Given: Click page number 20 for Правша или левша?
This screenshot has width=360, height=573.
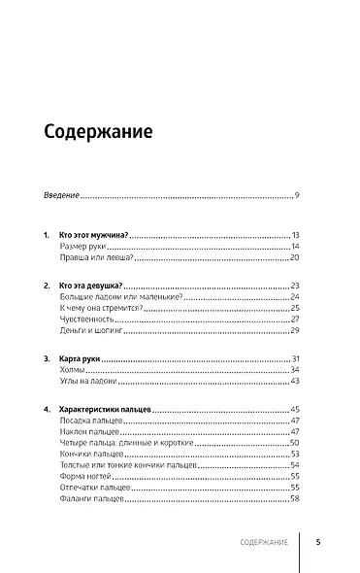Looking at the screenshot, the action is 295,260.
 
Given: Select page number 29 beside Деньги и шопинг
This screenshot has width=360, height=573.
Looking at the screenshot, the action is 295,331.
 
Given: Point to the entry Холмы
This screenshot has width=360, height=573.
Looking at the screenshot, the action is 70,371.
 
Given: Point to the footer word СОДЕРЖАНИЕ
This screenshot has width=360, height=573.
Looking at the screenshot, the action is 263,543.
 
